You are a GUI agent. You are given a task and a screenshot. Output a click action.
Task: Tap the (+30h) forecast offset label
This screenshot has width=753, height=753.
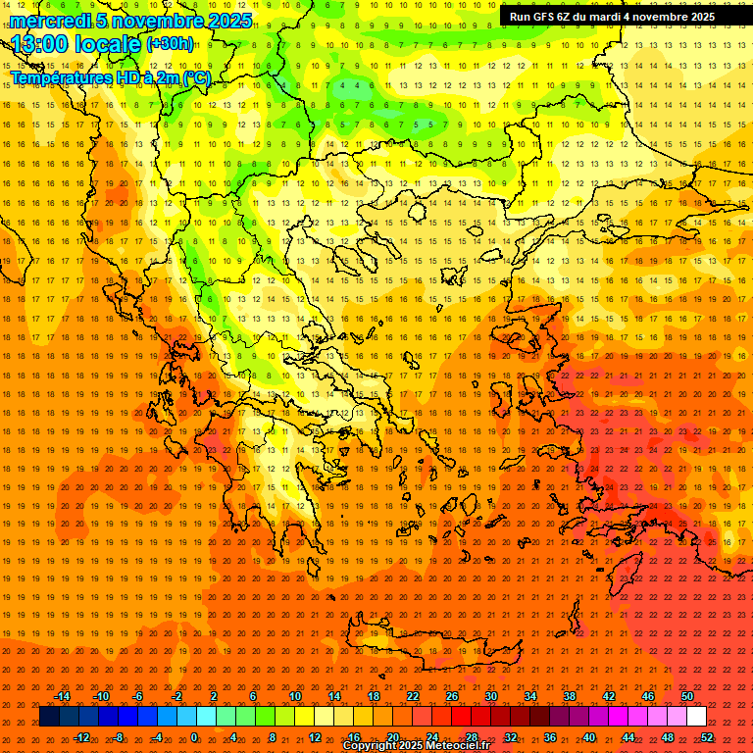pyautogui.click(x=170, y=44)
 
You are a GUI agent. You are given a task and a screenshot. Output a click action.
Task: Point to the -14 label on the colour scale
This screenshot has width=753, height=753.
pyautogui.click(x=62, y=696)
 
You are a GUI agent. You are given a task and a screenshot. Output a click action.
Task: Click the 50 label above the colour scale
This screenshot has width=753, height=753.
pyautogui.click(x=687, y=696)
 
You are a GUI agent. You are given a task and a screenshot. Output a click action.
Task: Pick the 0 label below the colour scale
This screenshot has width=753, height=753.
pyautogui.click(x=194, y=737)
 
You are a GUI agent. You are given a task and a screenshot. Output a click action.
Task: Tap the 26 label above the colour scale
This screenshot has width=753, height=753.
pyautogui.click(x=452, y=696)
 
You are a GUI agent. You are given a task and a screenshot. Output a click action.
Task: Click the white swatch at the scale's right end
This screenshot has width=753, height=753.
pyautogui.click(x=697, y=717)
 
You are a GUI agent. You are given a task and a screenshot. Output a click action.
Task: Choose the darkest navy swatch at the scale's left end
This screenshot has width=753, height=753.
pyautogui.click(x=49, y=717)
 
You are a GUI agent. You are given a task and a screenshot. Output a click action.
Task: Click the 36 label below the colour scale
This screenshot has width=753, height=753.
pyautogui.click(x=550, y=737)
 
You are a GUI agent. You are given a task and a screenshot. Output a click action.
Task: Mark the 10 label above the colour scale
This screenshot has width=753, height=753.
pyautogui.click(x=295, y=696)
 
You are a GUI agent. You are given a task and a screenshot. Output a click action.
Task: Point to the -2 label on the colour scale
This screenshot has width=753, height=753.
pyautogui.click(x=176, y=696)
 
